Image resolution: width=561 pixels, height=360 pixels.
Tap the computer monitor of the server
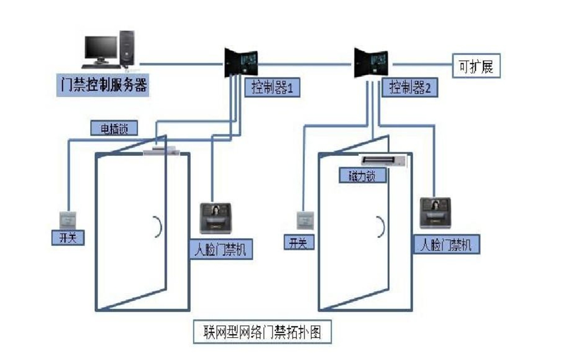[100, 48]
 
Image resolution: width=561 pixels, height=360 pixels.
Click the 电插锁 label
[114, 128]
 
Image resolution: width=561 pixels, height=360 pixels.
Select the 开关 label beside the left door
[68, 237]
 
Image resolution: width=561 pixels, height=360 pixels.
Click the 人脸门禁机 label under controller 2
[447, 245]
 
